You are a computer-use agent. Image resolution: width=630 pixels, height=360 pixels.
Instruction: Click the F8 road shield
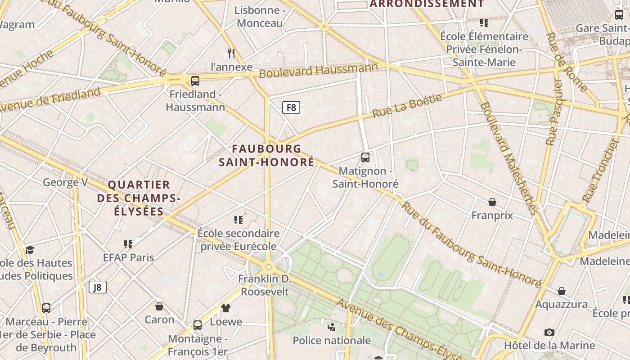click(x=291, y=108)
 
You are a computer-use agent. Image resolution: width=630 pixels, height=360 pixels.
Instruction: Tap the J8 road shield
click(x=98, y=287)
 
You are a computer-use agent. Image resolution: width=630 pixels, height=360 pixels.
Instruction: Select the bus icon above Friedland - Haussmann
click(x=195, y=81)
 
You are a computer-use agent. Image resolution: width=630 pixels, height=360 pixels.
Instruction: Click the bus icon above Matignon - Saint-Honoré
click(x=365, y=157)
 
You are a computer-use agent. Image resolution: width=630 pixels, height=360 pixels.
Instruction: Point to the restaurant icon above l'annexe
click(x=232, y=54)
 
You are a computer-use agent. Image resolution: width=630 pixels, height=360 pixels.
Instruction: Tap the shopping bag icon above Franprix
click(x=492, y=202)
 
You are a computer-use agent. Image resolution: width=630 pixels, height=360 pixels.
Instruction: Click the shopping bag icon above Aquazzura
click(x=562, y=291)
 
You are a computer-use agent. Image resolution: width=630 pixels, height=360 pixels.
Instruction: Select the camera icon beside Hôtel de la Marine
click(x=549, y=332)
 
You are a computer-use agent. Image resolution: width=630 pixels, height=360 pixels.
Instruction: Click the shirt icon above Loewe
click(x=226, y=308)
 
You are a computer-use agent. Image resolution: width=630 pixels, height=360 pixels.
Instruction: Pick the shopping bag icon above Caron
click(x=159, y=306)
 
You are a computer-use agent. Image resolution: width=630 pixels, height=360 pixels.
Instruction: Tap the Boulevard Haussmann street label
click(x=319, y=70)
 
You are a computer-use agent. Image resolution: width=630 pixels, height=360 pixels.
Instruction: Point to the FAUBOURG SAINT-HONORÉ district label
click(x=267, y=155)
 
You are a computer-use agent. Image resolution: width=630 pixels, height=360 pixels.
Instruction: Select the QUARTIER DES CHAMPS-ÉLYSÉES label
click(x=139, y=198)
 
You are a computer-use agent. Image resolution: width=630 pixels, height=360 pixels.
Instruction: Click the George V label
click(x=65, y=182)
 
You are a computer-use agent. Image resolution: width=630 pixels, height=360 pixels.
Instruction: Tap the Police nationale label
click(x=332, y=341)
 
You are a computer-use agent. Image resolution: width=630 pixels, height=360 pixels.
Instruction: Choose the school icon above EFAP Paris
click(x=128, y=244)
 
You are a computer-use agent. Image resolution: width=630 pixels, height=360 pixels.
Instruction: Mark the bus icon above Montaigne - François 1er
click(x=198, y=325)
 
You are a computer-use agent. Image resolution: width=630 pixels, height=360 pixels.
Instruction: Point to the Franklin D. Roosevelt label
click(x=265, y=285)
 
